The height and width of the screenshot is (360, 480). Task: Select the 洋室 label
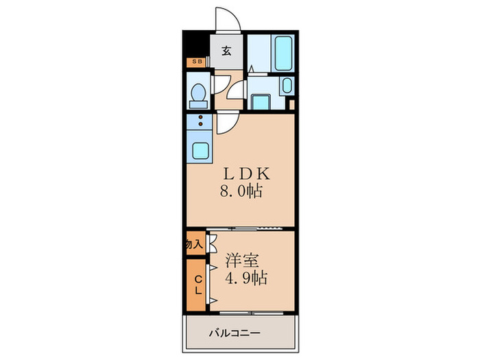pos(243,261)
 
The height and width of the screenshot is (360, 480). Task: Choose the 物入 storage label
pos(195,244)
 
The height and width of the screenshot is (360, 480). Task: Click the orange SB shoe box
pos(197,62)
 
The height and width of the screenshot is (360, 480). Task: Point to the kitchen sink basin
pos(202,150)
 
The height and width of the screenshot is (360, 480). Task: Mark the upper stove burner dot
pos(201,117)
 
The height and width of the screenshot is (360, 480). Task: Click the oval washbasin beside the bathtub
pos(287,86)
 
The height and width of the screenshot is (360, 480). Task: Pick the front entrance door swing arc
pos(227,21)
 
